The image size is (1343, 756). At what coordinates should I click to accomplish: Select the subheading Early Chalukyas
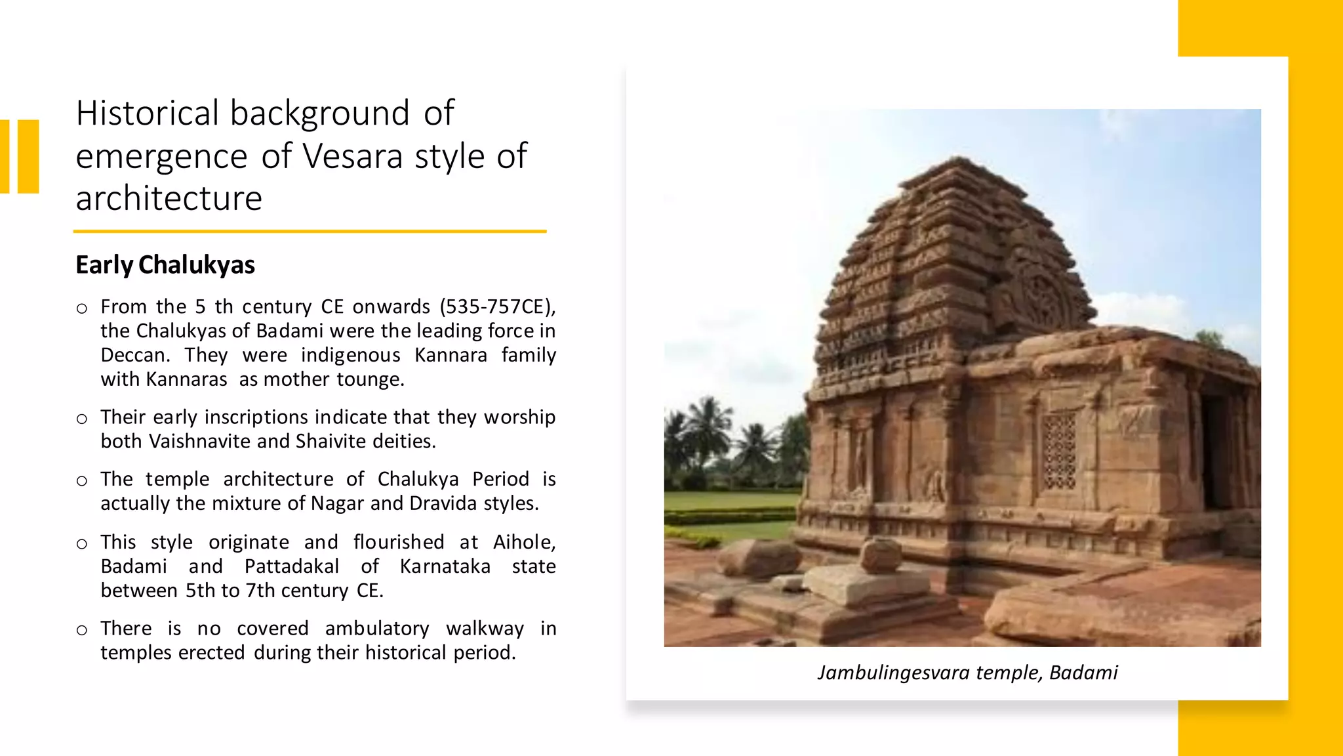point(165,264)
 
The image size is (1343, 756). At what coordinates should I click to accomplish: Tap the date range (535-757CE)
point(497,306)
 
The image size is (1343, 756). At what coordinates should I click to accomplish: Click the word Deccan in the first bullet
point(134,355)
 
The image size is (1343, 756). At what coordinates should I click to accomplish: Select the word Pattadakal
point(292,566)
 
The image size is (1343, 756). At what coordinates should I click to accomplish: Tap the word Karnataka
point(445,566)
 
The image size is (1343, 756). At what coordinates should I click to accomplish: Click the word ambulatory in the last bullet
point(377,629)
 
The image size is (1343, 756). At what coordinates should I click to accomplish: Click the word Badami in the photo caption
point(1083,673)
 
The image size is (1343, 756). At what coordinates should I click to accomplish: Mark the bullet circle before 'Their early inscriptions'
point(82,419)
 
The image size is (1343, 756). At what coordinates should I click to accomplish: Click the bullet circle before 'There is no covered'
point(82,631)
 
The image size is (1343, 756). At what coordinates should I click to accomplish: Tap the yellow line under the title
point(310,231)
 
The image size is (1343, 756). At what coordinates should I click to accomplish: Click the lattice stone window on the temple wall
point(1059,451)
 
